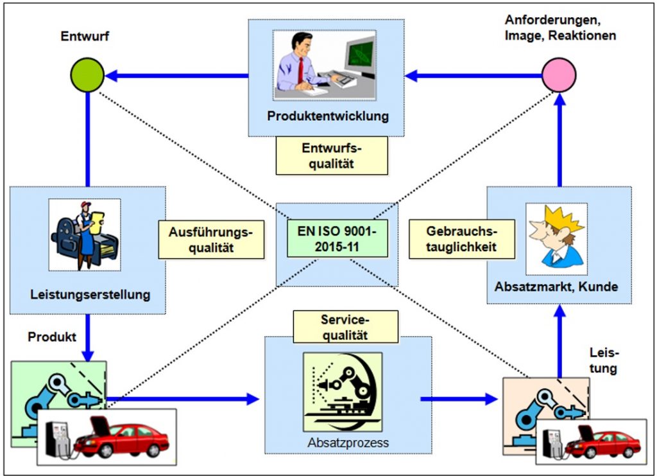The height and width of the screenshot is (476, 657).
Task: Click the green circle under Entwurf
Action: coord(87,75)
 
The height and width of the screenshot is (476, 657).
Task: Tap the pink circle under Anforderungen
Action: coord(559,75)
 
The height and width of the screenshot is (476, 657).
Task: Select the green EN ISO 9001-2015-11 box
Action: coord(337,238)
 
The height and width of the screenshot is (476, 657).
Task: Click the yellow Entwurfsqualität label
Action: coord(332,155)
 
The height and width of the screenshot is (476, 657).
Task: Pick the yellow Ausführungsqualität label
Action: coord(211,240)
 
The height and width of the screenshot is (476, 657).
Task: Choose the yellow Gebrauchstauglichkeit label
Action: coord(462,239)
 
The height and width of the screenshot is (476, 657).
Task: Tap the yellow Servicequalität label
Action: coord(345,327)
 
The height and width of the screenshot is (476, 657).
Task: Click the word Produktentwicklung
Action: coord(328,116)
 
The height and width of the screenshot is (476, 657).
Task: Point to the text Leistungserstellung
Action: coord(90,294)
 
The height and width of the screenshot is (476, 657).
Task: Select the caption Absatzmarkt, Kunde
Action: coord(556,287)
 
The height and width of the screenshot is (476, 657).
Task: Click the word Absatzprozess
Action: coord(348,443)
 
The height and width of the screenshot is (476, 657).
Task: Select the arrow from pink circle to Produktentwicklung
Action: coord(474,76)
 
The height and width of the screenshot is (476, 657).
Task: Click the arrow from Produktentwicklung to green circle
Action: coord(176,76)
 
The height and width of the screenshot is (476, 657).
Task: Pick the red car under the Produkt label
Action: coord(121,439)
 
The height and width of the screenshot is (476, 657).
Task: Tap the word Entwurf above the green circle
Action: coord(85,36)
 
